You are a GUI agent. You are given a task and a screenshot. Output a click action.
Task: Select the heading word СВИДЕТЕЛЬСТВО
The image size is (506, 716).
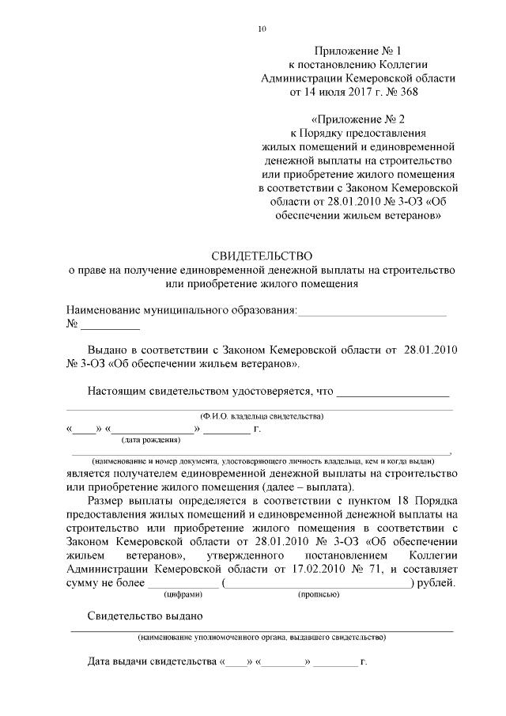[262, 256]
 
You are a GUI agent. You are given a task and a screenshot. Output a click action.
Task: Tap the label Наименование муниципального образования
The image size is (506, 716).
[181, 310]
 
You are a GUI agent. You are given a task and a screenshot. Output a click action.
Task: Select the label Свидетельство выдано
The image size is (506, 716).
[145, 616]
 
